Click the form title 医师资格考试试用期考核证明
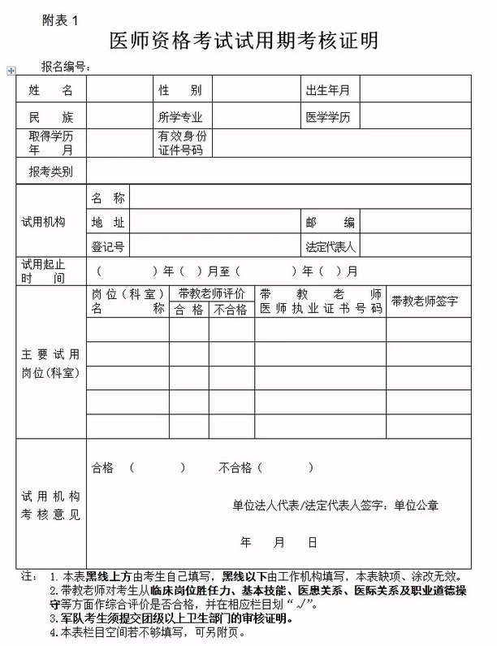[x=244, y=41]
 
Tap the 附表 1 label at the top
[x=60, y=22]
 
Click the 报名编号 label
[x=66, y=67]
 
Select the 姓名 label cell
[x=50, y=90]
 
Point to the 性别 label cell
[x=179, y=90]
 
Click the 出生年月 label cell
[x=327, y=90]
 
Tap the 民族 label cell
[x=50, y=117]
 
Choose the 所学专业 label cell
[x=179, y=117]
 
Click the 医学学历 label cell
[x=327, y=117]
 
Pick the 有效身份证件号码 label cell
[x=182, y=143]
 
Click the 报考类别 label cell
[x=50, y=171]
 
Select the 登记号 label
[x=107, y=246]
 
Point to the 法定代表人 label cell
[x=331, y=246]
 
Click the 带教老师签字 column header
[x=425, y=301]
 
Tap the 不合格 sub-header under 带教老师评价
[x=231, y=310]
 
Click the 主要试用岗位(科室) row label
[x=50, y=363]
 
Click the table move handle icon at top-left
[x=11, y=72]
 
